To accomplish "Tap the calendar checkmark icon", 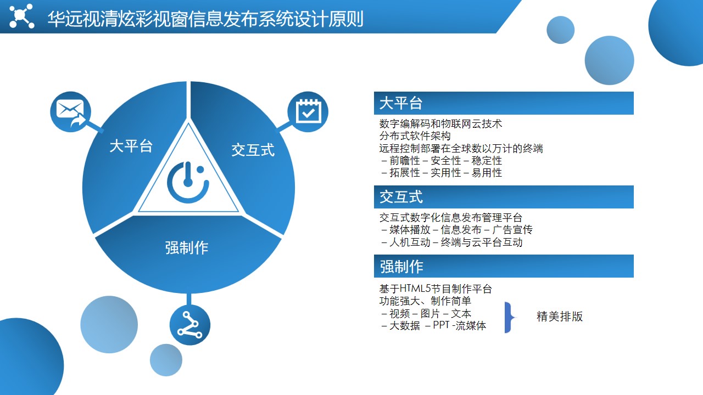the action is tap(308, 111).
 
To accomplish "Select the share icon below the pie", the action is tap(189, 325).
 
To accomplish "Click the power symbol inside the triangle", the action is tap(188, 182).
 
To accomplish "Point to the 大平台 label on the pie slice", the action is tap(131, 146).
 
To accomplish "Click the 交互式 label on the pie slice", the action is tap(253, 150).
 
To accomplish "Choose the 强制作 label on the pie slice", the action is tap(187, 247).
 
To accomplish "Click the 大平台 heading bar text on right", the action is tap(401, 103).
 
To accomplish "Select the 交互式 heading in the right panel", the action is tap(401, 197).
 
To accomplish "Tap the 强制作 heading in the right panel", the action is tap(401, 266).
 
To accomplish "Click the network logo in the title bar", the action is tap(21, 16).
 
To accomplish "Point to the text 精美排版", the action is tap(560, 317).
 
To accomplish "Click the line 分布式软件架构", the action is tap(415, 136).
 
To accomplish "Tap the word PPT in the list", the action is tap(441, 325).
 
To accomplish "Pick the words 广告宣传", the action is tap(512, 230).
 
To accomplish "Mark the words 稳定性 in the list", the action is tap(487, 161).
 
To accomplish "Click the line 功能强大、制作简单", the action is tap(425, 301).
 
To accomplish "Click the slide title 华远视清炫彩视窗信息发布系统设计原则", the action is tap(205, 19).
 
